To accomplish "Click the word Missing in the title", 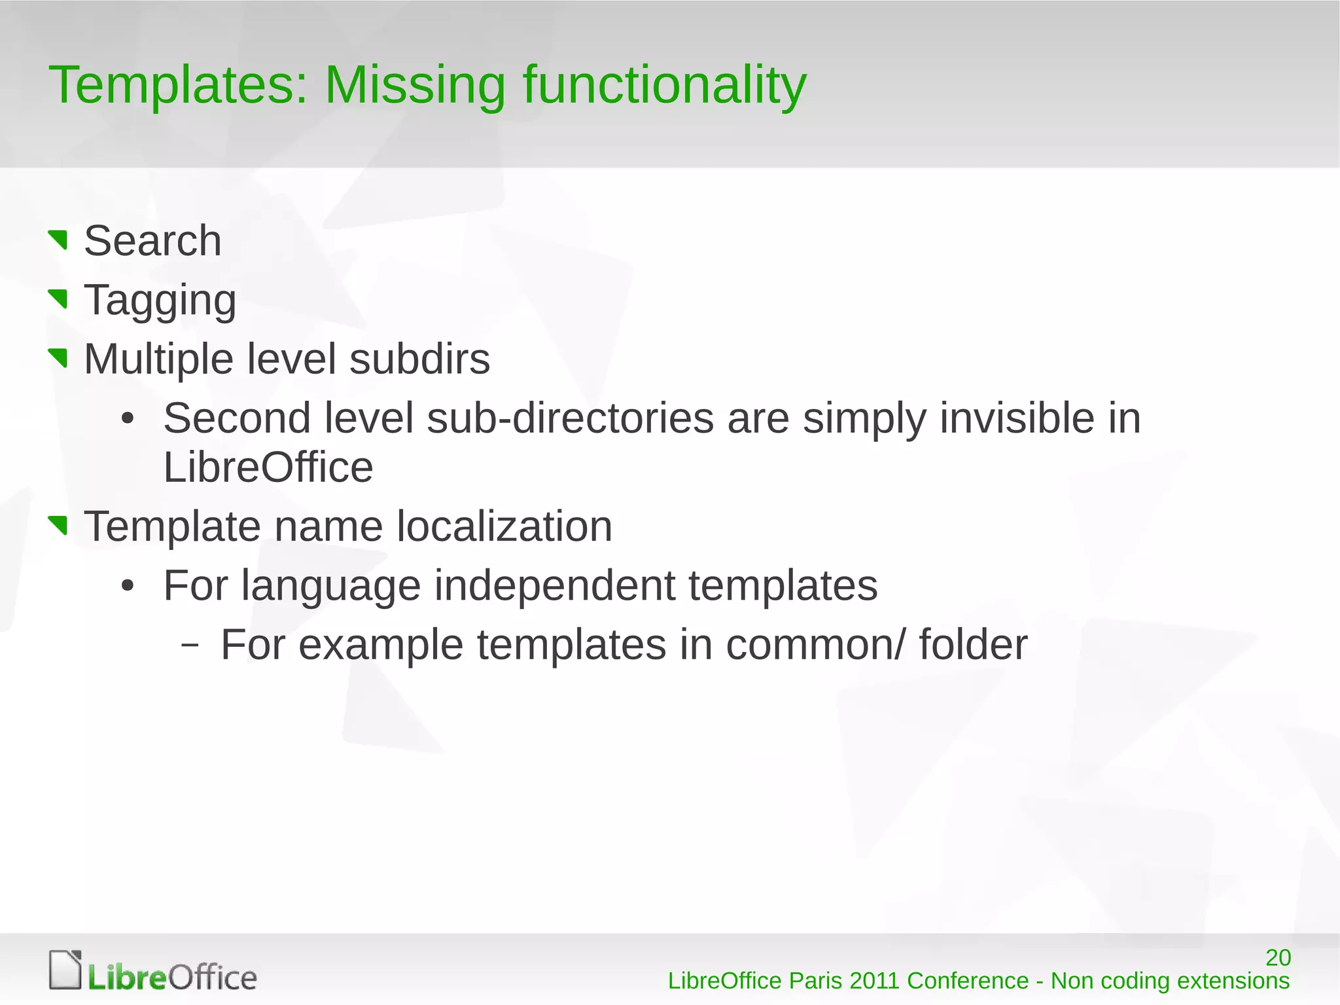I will point(415,85).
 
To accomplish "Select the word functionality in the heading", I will point(664,85).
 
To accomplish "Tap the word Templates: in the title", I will point(178,85).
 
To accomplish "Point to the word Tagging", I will point(160,301).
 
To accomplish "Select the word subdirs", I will point(419,359).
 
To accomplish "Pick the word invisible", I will point(1017,418).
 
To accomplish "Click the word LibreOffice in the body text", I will point(268,467).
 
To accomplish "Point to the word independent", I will point(555,585).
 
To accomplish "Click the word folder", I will point(973,645).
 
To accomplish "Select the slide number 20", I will point(1278,958).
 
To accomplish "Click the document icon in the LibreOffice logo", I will point(65,970).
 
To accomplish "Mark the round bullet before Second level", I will point(128,419).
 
